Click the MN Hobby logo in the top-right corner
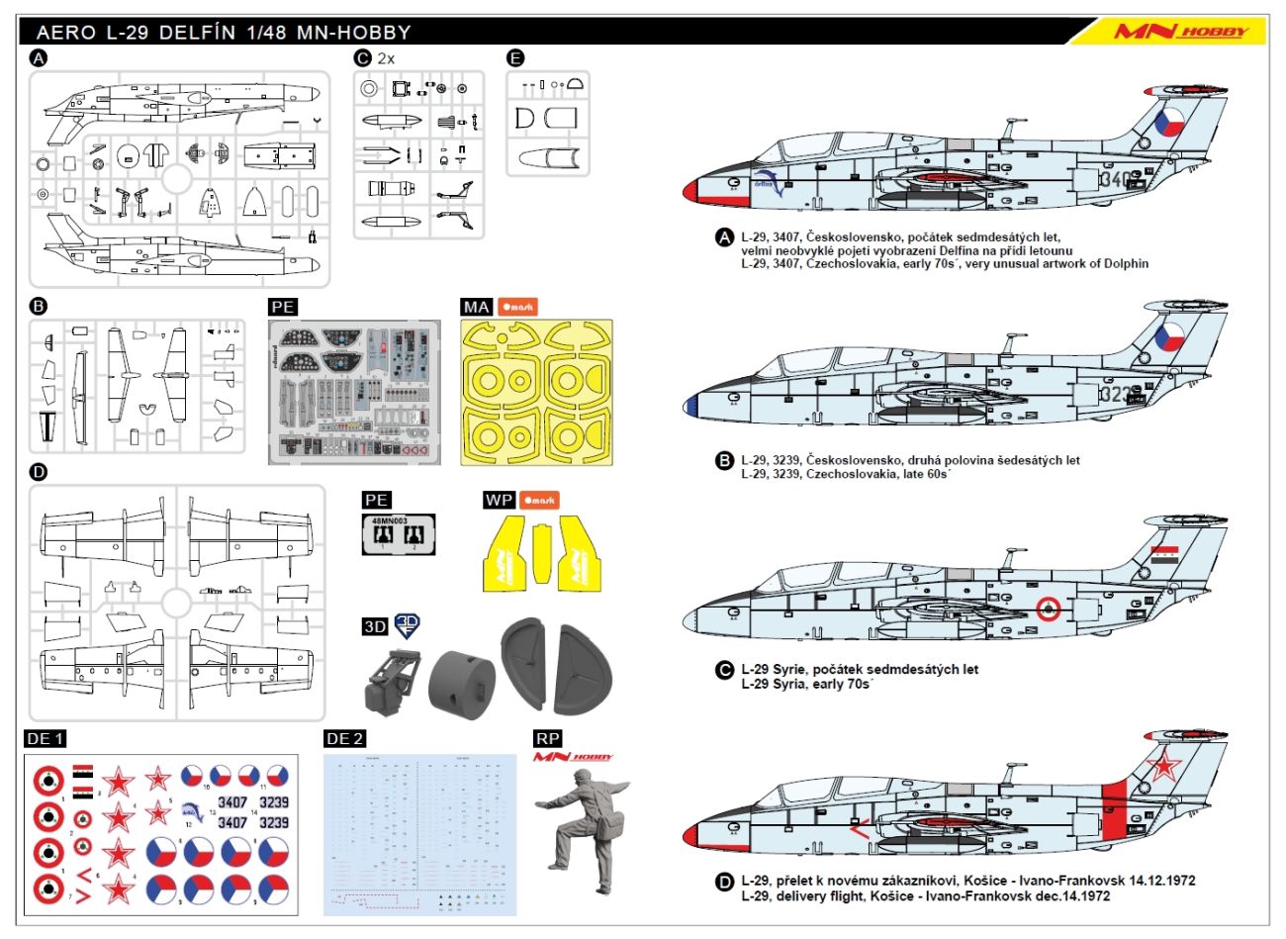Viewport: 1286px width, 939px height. (1180, 31)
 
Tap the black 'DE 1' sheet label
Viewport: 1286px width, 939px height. (46, 739)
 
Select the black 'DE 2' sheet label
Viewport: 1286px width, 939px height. (344, 739)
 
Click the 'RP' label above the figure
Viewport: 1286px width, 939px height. (547, 739)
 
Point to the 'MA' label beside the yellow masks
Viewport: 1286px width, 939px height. (477, 307)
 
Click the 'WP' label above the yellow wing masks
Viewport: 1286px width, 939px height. (499, 500)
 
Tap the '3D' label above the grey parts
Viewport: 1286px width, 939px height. (375, 626)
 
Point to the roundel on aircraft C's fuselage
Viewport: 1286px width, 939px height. (1049, 610)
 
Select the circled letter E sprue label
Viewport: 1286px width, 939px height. (515, 58)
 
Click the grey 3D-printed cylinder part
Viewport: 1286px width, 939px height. (462, 679)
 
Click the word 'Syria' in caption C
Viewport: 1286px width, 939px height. (788, 684)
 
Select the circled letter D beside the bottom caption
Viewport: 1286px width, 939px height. (724, 882)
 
